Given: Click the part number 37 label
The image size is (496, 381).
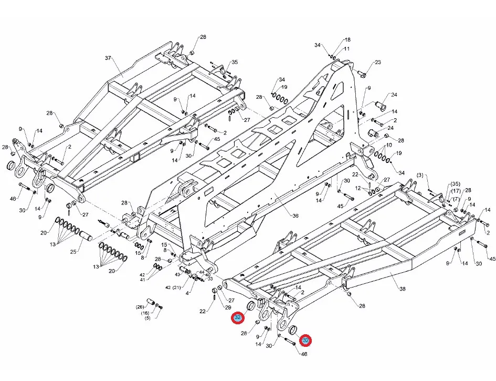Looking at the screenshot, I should (109, 58).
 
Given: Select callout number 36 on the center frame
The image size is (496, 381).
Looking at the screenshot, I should (295, 215).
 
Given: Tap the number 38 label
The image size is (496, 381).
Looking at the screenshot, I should (403, 289).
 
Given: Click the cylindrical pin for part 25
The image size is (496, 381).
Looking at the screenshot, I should (87, 238).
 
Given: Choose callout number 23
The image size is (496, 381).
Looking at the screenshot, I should (377, 63).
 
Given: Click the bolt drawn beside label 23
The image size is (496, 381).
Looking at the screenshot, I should (361, 72).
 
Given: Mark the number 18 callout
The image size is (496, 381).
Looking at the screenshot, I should (347, 40).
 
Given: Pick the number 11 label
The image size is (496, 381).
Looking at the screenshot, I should (346, 49).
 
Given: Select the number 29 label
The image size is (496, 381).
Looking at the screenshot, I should (228, 307).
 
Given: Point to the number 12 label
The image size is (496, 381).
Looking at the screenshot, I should (357, 188).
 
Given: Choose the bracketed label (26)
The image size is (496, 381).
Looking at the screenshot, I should (140, 307).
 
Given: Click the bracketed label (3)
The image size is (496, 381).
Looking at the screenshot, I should (420, 174).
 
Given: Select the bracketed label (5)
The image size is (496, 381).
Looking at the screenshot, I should (147, 318).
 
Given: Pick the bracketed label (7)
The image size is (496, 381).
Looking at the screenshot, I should (456, 199).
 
